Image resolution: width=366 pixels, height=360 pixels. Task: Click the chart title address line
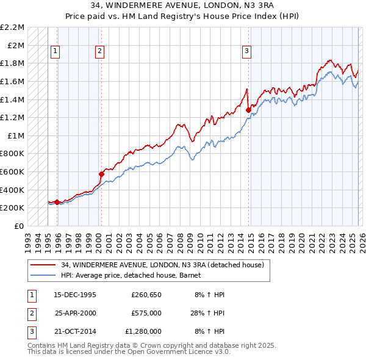click(x=182, y=6)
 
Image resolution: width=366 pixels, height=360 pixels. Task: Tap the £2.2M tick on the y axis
click(x=12, y=27)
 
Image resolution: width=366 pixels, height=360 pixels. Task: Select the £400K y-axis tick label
click(x=12, y=190)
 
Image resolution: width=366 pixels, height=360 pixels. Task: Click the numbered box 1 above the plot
click(x=56, y=52)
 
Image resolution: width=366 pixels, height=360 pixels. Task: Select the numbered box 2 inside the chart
click(x=99, y=52)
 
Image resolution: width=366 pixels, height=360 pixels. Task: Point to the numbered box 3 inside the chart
click(x=247, y=52)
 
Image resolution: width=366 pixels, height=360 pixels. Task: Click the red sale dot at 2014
click(x=249, y=110)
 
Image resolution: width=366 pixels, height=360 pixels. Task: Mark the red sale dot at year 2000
click(x=102, y=174)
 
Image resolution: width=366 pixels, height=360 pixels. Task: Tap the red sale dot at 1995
click(x=57, y=202)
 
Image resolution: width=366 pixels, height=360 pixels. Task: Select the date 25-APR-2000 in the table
click(x=75, y=313)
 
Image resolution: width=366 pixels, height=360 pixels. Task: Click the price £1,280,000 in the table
click(x=143, y=331)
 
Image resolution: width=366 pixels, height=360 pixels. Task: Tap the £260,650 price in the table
click(x=146, y=295)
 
